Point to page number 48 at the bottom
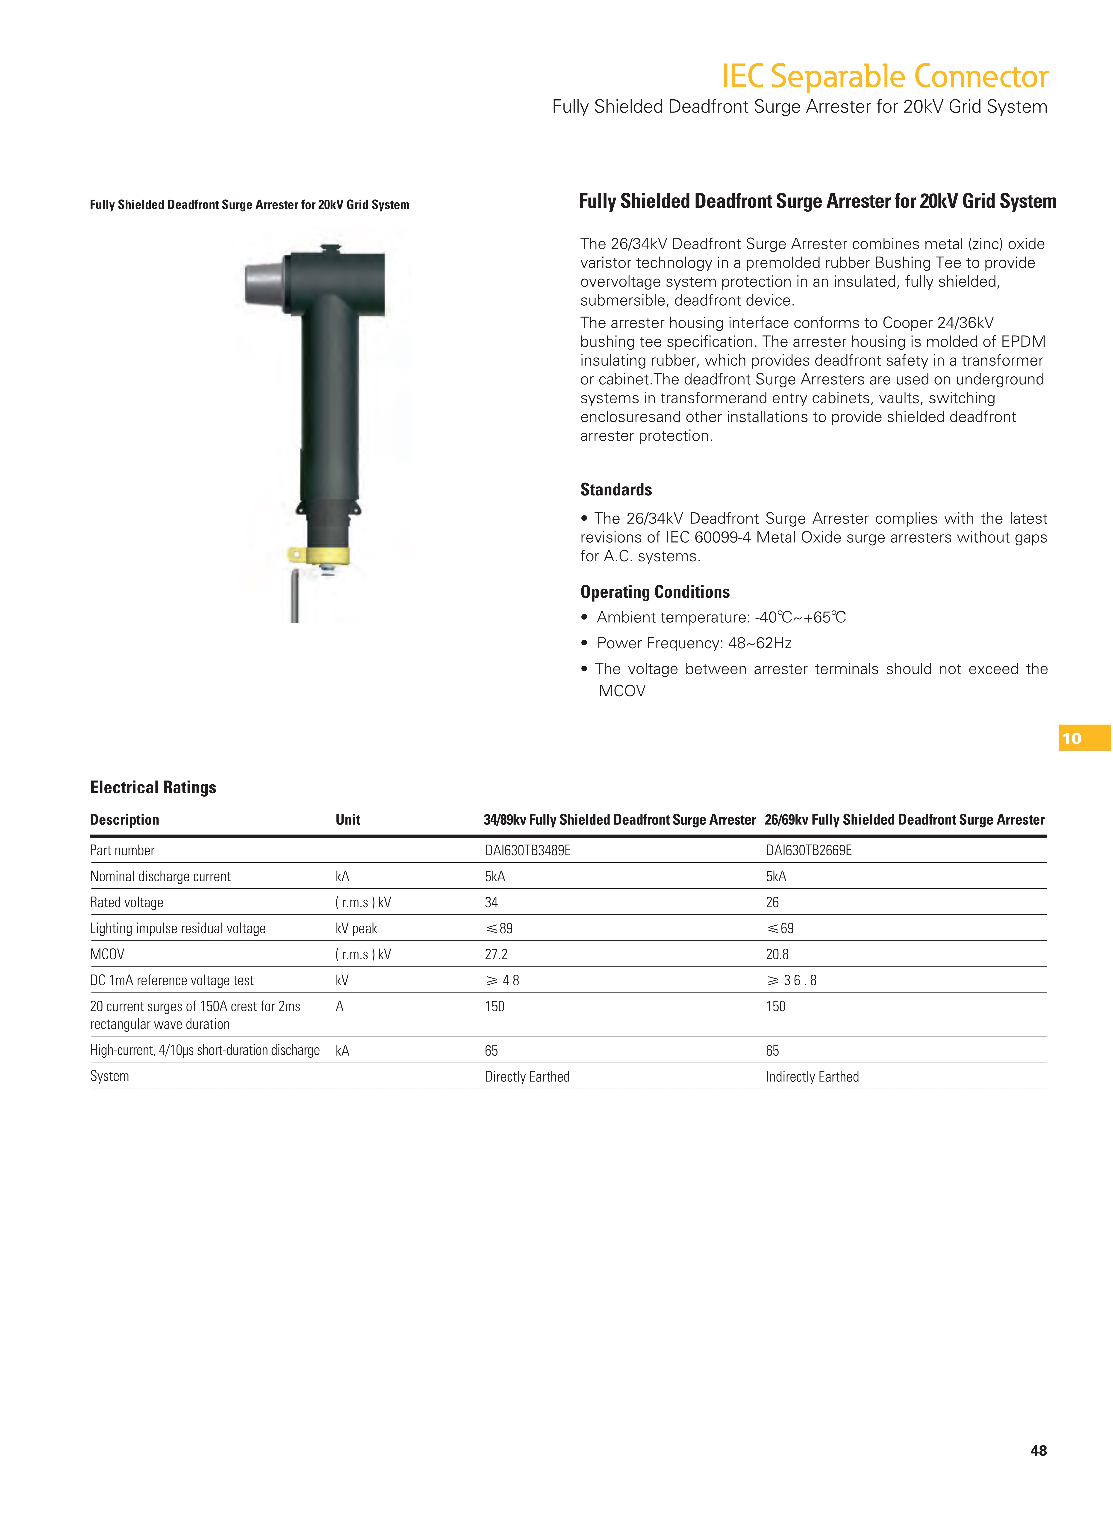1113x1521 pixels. pyautogui.click(x=1038, y=1450)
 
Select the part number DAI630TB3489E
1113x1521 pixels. pyautogui.click(x=527, y=851)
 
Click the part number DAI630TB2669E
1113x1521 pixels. pyautogui.click(x=808, y=851)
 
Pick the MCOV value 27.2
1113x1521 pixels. pyautogui.click(x=496, y=954)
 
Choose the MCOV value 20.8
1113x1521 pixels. pyautogui.click(x=777, y=954)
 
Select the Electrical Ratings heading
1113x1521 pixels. pyautogui.click(x=153, y=787)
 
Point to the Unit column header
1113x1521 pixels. pyautogui.click(x=348, y=819)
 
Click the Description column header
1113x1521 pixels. pyautogui.click(x=125, y=819)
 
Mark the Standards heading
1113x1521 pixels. pyautogui.click(x=616, y=489)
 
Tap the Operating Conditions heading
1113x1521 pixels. pyautogui.click(x=655, y=592)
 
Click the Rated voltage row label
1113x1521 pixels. pyautogui.click(x=127, y=902)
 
